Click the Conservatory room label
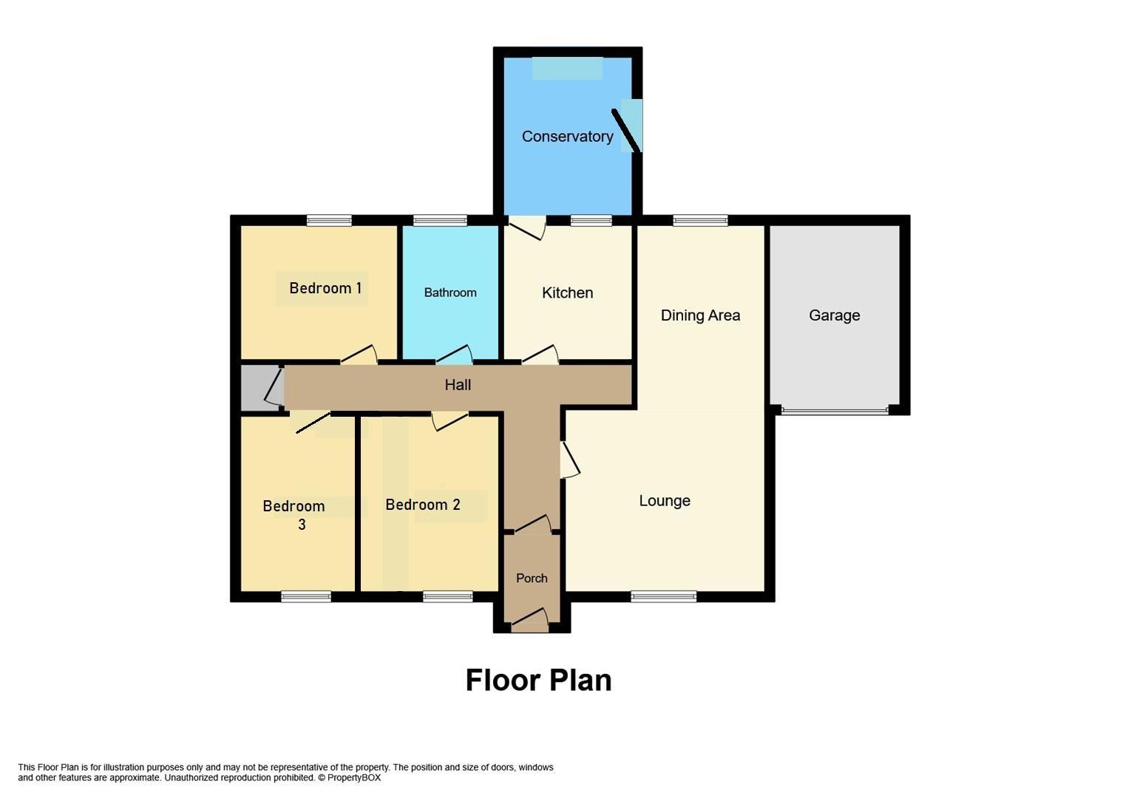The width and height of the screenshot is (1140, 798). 567,137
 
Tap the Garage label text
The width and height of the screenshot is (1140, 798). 834,316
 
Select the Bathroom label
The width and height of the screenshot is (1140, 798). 449,293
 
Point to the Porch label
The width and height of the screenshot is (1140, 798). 532,579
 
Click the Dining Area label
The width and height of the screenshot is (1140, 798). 699,316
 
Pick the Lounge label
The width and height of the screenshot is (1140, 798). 664,501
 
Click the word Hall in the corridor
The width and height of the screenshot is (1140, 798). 458,385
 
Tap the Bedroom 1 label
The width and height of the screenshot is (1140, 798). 325,288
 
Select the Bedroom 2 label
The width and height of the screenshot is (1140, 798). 422,505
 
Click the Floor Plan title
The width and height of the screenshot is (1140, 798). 538,681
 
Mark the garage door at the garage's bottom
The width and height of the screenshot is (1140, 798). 835,410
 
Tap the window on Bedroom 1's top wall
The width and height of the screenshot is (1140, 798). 329,220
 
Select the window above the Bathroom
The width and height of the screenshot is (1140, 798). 440,220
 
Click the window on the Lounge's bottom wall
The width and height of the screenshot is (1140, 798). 663,596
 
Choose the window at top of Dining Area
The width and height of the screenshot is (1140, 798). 699,220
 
